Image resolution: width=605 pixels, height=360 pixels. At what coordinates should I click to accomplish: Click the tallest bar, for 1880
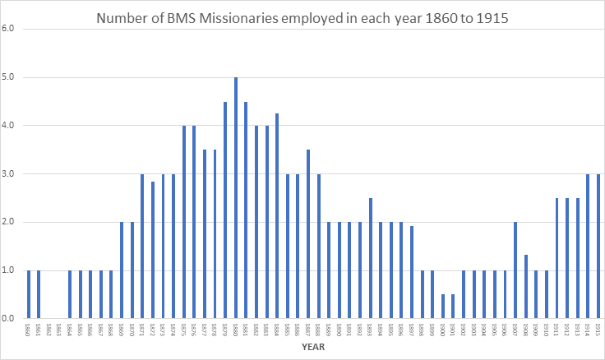pos(236,197)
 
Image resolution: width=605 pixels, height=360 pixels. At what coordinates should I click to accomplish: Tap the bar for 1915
pos(598,246)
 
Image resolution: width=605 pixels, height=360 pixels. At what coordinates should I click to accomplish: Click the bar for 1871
pos(142,246)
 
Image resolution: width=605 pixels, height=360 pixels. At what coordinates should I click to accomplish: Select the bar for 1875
pos(184,222)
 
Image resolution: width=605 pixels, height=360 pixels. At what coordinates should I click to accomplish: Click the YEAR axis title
pos(313,347)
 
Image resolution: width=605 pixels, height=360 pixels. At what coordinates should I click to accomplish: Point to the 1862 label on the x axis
pos(49,330)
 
